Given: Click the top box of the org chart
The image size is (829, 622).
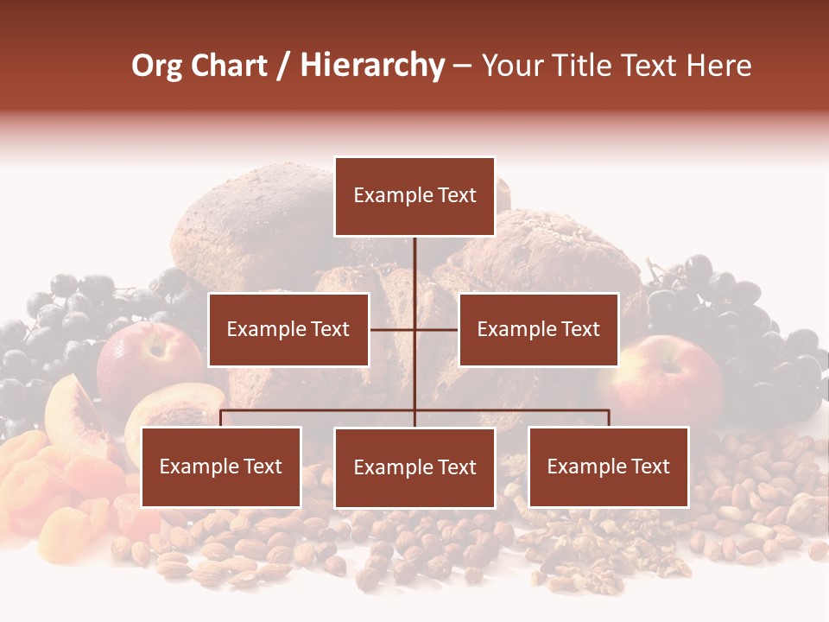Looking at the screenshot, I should (x=414, y=196).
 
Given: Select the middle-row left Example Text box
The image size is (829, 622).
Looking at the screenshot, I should (x=288, y=329).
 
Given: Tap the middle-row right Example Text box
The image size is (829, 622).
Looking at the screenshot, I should (x=538, y=329).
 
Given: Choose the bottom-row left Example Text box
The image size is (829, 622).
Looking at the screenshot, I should (x=221, y=467).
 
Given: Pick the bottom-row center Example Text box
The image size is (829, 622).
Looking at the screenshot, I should (x=414, y=467).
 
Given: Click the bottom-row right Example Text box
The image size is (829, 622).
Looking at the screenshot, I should (x=609, y=467).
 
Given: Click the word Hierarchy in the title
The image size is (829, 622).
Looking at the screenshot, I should (x=372, y=66).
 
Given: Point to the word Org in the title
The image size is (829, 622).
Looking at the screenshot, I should (x=156, y=66).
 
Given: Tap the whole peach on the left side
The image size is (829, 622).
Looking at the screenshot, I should (x=147, y=363).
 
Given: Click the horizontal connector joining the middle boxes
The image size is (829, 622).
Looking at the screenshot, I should (x=414, y=329).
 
